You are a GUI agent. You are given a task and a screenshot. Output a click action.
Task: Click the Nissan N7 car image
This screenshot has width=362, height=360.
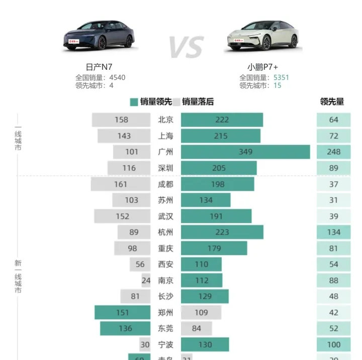[x=99, y=36]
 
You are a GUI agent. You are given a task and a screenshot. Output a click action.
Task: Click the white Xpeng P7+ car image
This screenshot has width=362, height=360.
[x=263, y=36]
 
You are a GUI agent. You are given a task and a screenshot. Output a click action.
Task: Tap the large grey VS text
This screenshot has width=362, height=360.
[x=186, y=47]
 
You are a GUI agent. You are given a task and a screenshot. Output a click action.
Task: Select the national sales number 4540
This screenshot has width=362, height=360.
[x=117, y=77]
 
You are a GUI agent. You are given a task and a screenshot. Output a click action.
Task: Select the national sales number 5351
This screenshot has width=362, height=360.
[x=281, y=77]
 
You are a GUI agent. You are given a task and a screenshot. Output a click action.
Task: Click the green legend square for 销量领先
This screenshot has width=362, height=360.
[x=134, y=102]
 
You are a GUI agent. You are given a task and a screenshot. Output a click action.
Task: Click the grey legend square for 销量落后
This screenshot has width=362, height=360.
[x=176, y=102]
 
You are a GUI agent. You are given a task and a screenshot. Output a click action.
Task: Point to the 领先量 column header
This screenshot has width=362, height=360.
[x=332, y=101]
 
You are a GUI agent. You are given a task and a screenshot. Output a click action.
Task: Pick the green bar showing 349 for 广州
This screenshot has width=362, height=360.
[x=245, y=152]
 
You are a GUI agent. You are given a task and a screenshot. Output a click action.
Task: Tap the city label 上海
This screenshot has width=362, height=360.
[x=165, y=136]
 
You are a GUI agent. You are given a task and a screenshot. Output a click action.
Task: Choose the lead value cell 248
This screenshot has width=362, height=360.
[x=333, y=152]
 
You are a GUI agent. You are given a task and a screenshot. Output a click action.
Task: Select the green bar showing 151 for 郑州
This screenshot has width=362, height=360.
[x=123, y=312]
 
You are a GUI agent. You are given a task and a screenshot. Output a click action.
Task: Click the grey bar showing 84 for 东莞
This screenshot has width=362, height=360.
[x=196, y=328]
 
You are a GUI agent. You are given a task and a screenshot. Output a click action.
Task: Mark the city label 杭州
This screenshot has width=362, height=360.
[x=165, y=232]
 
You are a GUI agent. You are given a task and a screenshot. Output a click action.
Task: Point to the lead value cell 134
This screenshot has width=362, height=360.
[x=333, y=232]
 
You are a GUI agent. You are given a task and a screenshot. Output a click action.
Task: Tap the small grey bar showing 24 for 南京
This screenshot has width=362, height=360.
[x=146, y=280]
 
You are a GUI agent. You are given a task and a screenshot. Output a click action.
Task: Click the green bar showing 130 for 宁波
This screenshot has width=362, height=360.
[x=205, y=344]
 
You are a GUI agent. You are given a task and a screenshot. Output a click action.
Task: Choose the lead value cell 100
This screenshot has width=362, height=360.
[x=333, y=344]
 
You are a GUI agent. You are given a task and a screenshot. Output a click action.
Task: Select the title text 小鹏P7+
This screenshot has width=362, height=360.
[x=262, y=67]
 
